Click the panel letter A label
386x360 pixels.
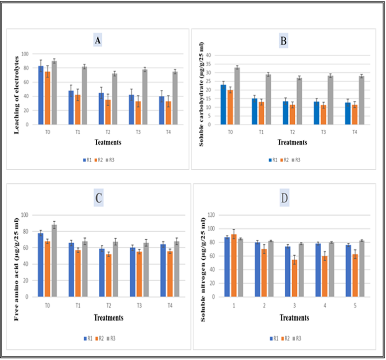(98, 40)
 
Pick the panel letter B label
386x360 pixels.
(283, 41)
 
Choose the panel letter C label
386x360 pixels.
(98, 199)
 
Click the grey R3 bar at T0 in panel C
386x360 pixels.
(54, 260)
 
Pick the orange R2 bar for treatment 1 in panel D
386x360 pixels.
(234, 265)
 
